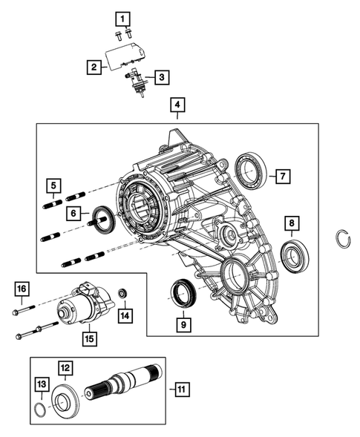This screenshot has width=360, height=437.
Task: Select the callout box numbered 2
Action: (x=93, y=68)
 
